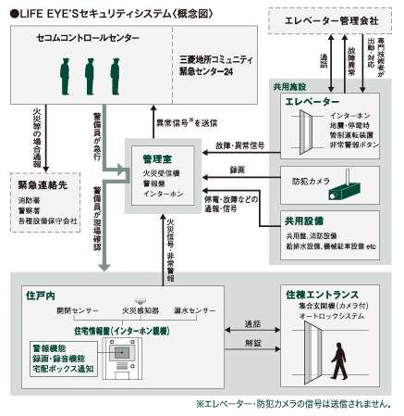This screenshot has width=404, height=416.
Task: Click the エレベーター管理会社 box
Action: click(x=330, y=18)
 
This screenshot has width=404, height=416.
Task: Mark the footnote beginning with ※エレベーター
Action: click(x=293, y=405)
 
